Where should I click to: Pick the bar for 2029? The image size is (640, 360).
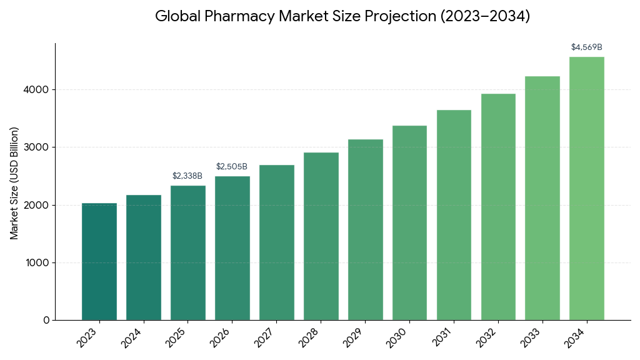click(365, 229)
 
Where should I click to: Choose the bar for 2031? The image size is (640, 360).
click(454, 215)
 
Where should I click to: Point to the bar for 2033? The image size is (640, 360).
click(542, 198)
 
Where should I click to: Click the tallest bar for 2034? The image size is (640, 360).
click(586, 188)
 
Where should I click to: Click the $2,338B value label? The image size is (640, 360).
click(187, 176)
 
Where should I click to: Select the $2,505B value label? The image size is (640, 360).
click(232, 166)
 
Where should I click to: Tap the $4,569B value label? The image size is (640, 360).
click(586, 47)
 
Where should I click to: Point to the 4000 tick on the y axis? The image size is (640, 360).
click(37, 90)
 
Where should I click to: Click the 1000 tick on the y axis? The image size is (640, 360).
click(37, 262)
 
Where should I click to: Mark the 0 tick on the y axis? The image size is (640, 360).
click(46, 320)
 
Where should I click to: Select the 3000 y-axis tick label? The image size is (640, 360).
click(37, 147)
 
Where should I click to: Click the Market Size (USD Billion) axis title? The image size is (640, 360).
click(14, 182)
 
